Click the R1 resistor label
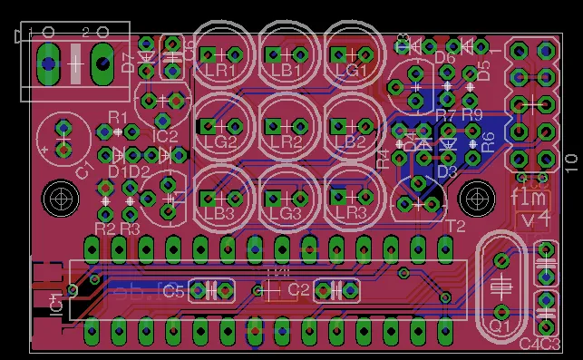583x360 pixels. (x=118, y=117)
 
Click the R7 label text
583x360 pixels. (x=445, y=115)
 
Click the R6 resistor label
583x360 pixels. (x=488, y=141)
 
